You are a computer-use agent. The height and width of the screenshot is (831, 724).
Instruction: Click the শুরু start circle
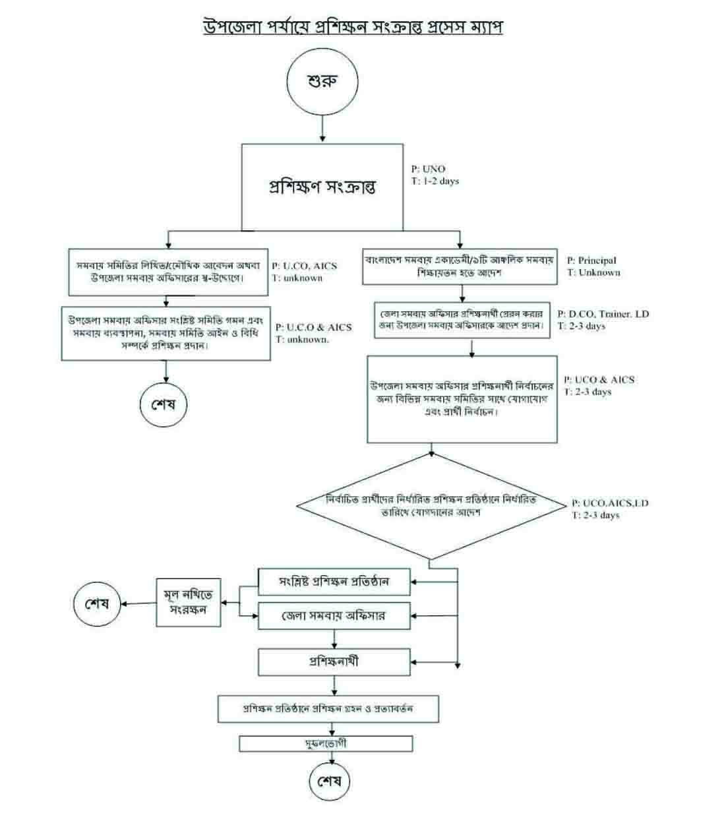coord(322,82)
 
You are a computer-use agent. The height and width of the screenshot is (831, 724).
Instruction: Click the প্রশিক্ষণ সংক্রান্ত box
coord(322,187)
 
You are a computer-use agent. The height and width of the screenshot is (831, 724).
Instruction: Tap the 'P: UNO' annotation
coord(429,169)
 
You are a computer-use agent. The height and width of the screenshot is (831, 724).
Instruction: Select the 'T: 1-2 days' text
coord(435,181)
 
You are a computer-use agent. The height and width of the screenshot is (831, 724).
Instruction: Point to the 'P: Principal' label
coord(592,261)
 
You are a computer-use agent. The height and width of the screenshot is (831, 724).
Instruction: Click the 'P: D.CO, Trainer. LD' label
coord(603,314)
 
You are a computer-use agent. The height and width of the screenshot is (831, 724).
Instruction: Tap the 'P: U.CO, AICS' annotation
coord(305,266)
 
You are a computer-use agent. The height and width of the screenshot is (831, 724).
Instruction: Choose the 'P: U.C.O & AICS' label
coord(314,327)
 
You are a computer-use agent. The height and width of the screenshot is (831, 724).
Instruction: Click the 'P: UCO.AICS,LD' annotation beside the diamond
coord(611,503)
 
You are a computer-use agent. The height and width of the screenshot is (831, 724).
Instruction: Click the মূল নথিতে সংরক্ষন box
coord(189,602)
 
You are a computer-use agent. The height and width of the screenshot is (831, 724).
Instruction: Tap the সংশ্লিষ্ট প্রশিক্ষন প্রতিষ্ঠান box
coord(334,582)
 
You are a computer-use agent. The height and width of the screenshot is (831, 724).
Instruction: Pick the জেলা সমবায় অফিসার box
coord(334,617)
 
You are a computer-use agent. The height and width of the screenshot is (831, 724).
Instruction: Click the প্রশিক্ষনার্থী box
coord(334,661)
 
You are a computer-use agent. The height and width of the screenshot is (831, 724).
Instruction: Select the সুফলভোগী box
coord(326,744)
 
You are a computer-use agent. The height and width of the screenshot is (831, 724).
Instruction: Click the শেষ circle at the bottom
coord(330,782)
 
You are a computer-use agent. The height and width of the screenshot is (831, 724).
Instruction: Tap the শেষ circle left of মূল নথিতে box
coord(97,603)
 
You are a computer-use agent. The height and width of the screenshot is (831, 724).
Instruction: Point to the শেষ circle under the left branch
coord(164,404)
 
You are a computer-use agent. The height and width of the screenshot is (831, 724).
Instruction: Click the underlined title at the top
coord(353,28)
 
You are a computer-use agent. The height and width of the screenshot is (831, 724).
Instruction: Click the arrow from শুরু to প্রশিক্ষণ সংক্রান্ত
coord(322,128)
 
